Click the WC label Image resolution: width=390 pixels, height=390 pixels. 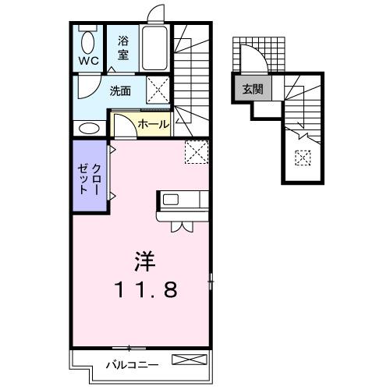coord(87,61)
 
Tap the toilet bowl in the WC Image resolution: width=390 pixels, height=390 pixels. coord(87,41)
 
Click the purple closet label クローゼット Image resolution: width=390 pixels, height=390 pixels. coord(90,175)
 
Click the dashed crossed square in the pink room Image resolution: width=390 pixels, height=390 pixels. coord(196,151)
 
